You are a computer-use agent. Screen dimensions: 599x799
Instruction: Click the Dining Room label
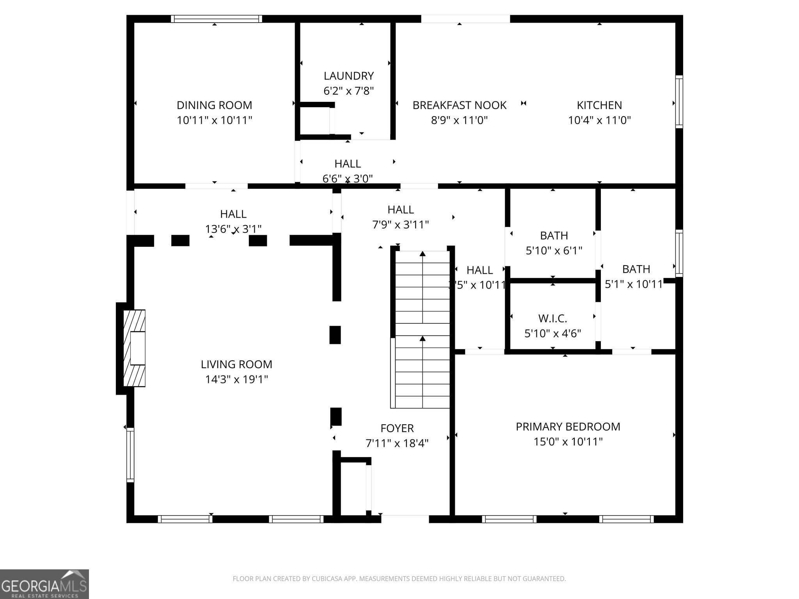(214, 105)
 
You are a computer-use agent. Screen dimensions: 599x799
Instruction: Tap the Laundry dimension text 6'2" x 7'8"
(348, 91)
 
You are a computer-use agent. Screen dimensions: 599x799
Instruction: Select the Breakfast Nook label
(459, 105)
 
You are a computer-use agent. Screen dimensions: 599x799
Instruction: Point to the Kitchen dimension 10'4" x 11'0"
(599, 120)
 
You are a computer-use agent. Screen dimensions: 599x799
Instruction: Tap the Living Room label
(236, 364)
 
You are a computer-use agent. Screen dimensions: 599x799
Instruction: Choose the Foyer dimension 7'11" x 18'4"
(397, 443)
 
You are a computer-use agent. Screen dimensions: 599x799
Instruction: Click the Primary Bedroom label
(568, 427)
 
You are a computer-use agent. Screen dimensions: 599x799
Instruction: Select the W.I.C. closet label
(552, 319)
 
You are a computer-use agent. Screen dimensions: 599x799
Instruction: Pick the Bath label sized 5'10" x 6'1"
(554, 236)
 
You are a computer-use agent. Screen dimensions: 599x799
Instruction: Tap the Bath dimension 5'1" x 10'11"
(634, 284)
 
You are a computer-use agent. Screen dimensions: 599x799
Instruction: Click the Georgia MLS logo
(44, 584)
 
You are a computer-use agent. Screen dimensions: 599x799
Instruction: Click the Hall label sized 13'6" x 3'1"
(233, 214)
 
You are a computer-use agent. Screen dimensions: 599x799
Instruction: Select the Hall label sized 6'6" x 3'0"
(347, 164)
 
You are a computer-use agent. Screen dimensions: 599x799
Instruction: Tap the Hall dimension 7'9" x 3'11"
(401, 225)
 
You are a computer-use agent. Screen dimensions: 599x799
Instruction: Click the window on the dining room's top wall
(217, 19)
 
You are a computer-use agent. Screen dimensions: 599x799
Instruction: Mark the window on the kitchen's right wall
(679, 102)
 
